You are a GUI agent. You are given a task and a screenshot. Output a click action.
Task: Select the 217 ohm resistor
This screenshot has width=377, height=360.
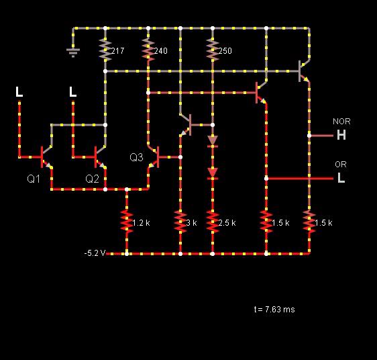point(105,50)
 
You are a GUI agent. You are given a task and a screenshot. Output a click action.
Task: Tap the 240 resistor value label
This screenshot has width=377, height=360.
point(160,51)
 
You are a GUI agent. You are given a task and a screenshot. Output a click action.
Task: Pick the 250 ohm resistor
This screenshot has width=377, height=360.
point(213,50)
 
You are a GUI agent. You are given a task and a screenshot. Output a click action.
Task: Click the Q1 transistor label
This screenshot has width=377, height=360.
point(34,179)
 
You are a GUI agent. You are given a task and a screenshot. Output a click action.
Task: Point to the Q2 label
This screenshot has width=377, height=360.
point(92,179)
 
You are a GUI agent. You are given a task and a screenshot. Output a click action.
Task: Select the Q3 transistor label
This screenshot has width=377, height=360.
point(136,157)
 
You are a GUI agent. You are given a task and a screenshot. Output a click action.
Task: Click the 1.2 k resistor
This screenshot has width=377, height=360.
point(127,222)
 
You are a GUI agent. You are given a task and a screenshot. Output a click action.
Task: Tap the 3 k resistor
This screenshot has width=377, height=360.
point(180,222)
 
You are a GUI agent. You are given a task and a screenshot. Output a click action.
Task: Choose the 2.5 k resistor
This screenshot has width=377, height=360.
point(213,222)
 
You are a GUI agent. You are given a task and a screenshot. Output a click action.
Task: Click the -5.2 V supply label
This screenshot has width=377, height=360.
point(95,253)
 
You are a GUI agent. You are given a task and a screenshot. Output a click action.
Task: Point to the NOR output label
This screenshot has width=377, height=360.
point(341,122)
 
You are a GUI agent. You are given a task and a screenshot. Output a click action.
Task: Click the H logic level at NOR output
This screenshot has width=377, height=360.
point(341,135)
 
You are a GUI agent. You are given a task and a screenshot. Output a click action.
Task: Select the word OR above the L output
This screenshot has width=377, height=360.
point(341,165)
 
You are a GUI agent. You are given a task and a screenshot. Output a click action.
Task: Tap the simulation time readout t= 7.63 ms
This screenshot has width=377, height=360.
point(274,309)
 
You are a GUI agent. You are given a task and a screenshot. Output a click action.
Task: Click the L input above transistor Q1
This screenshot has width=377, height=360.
point(19,92)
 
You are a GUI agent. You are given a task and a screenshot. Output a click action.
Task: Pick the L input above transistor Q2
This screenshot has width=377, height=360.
point(73,92)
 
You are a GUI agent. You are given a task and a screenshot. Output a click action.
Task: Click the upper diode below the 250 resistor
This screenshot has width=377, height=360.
point(213,141)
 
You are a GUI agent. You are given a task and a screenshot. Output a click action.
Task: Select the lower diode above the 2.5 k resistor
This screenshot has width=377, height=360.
point(213,173)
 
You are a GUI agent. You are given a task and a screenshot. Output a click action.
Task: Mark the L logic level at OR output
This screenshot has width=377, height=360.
point(341,178)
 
